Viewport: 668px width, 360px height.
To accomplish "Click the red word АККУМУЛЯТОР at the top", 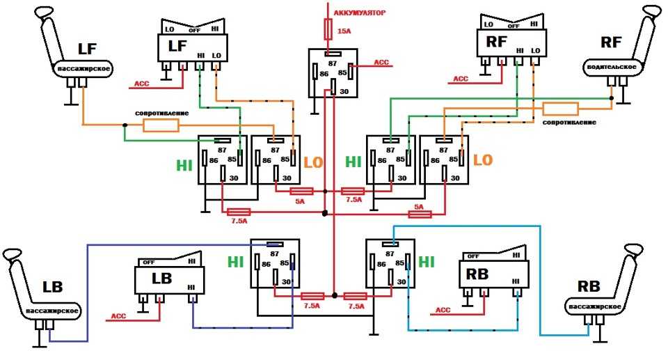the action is point(360,13).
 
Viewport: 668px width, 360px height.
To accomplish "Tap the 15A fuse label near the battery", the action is point(344,31).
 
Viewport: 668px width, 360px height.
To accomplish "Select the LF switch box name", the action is point(177,46).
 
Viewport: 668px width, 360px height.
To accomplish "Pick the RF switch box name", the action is point(496,41).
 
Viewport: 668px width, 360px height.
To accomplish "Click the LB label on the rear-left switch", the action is point(162,279).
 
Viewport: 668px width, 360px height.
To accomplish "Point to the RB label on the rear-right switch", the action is point(477,274).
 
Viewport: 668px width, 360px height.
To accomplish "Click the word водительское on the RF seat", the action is point(612,67).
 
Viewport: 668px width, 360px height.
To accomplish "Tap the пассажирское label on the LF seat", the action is point(83,68).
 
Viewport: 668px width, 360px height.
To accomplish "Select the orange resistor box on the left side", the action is point(161,125).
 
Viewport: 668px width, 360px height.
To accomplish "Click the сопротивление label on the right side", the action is point(569,123).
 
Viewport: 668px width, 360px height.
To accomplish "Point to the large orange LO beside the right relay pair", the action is point(483,160).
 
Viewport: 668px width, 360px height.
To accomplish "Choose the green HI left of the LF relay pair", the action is point(184,165).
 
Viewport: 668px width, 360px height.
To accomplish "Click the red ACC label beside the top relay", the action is point(381,62).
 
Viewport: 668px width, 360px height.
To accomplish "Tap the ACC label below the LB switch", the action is point(118,316).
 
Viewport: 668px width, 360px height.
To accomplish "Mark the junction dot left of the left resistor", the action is point(125,125).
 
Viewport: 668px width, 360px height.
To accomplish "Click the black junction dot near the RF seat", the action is point(612,98).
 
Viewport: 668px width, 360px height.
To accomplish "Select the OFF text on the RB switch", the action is point(473,256).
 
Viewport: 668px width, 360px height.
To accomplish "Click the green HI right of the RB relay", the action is point(427,262).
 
